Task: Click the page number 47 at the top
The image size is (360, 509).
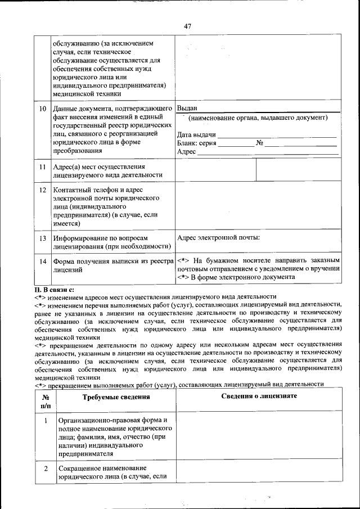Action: coord(187,25)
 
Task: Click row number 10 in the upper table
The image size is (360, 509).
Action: coord(42,109)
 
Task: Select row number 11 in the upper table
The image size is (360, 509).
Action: coord(42,167)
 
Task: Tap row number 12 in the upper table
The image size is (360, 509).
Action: coord(42,190)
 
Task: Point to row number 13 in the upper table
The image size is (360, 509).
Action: coord(42,238)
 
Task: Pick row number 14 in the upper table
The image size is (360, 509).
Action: coord(42,262)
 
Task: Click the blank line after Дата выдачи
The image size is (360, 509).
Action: coord(277,135)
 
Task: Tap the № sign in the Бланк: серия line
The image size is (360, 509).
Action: coord(260,143)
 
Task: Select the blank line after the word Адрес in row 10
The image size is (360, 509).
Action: coord(267,152)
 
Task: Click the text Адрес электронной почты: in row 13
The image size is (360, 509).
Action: coord(218,238)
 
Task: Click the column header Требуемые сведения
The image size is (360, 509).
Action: coord(116,397)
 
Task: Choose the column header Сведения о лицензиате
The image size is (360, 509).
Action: coord(259,397)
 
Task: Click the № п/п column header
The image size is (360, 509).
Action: coord(45,401)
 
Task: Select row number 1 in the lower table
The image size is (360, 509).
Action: coord(45,421)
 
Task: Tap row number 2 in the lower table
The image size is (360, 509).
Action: coord(45,468)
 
